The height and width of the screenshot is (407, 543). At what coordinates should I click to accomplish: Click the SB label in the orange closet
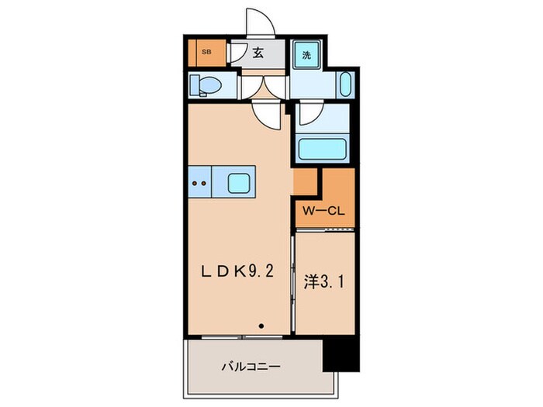pos(207,53)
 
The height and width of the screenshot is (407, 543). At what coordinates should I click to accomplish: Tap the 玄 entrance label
pos(258,52)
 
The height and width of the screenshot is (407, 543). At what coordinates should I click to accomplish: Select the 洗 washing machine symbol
pos(306,55)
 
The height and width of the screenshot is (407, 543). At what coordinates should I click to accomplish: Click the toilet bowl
pos(206,85)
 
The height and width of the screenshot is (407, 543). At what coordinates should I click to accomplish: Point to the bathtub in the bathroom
pos(323,149)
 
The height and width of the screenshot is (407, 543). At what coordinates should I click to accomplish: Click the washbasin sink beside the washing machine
pos(346,85)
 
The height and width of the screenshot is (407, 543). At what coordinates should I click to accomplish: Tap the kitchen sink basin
pos(239,184)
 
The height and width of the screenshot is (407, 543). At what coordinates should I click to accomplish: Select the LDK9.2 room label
pos(237,271)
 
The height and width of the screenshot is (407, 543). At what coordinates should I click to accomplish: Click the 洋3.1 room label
pos(324,282)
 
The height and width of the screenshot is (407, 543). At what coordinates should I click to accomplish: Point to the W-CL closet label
pos(323,211)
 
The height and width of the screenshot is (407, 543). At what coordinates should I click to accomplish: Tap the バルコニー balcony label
pos(251,367)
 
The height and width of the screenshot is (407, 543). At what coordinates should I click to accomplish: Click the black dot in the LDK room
pos(261,326)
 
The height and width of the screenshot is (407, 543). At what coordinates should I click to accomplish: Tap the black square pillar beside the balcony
pos(341,355)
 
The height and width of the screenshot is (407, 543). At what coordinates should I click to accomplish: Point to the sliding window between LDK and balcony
pos(242,336)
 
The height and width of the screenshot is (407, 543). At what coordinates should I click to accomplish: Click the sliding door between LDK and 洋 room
pos(293,283)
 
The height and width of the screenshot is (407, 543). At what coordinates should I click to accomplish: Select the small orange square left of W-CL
pos(305,182)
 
